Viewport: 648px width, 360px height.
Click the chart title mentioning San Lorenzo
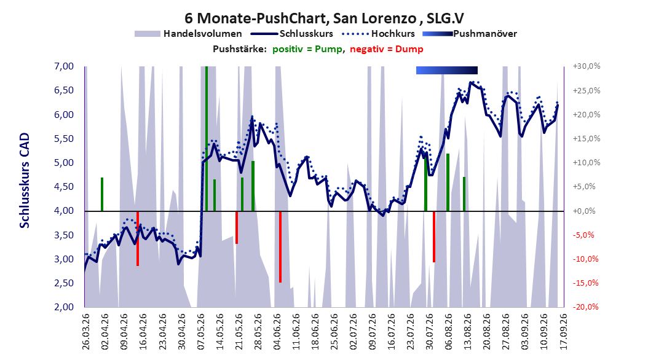[x=324, y=18]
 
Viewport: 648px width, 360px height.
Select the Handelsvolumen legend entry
[x=188, y=34]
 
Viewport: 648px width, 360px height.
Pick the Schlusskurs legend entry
[x=292, y=34]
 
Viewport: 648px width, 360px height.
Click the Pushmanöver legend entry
[x=470, y=34]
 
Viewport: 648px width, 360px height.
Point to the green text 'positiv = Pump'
[x=307, y=49]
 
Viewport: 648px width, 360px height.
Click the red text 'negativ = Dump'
[x=387, y=49]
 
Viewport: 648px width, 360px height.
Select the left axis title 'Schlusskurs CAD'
[x=25, y=181]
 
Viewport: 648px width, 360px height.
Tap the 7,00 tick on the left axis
[x=64, y=66]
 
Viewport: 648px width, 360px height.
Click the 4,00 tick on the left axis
[x=64, y=211]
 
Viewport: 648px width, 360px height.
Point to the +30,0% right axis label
[x=586, y=66]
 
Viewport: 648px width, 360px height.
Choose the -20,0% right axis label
[x=586, y=307]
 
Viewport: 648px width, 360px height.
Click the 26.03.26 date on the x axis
[x=86, y=332]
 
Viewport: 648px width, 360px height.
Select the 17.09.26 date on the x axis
[x=563, y=332]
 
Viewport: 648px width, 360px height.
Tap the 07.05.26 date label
[x=200, y=332]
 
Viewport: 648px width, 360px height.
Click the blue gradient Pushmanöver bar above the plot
[x=447, y=70]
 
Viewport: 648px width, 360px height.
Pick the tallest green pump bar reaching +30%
[x=206, y=139]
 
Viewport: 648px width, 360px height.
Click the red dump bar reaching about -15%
[x=280, y=247]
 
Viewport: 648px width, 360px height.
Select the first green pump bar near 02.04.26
[x=101, y=195]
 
